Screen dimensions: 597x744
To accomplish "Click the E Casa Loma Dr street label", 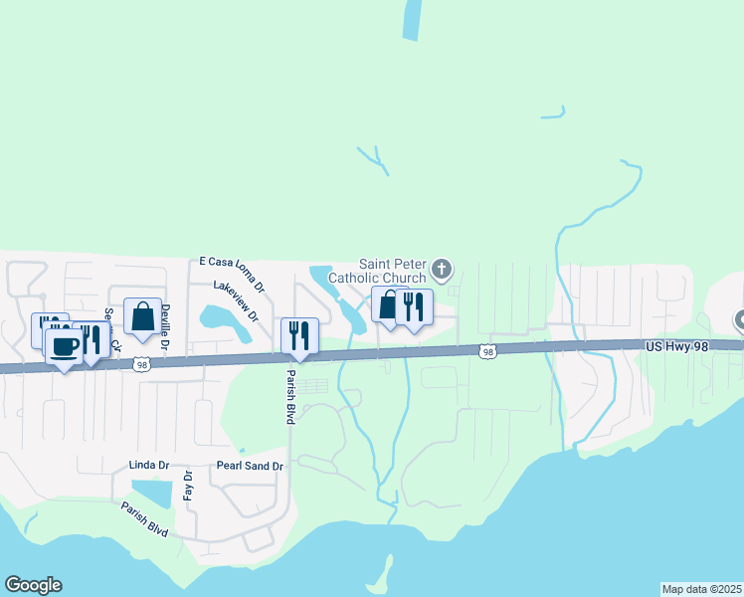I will point(231,274).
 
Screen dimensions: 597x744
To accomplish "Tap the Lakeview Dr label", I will point(235,300).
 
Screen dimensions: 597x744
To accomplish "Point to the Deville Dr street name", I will point(166,325).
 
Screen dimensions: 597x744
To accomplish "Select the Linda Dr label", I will point(149,466).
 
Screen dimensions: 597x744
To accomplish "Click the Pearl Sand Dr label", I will point(250,466).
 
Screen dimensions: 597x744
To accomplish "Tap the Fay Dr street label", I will point(186,488).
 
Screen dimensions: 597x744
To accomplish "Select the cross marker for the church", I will point(443,269).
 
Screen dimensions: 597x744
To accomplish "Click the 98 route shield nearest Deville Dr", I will point(143,365).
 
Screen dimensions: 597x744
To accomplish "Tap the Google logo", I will point(33,585).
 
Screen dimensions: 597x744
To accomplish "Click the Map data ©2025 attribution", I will point(700,589).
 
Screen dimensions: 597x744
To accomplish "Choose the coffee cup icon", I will point(65,347).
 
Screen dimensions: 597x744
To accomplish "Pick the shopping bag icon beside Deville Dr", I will point(143,316).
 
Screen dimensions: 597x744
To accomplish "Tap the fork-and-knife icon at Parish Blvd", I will point(298,335).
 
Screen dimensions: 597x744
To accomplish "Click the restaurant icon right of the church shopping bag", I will point(414,306).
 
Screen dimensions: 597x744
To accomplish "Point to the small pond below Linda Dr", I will point(150,493).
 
